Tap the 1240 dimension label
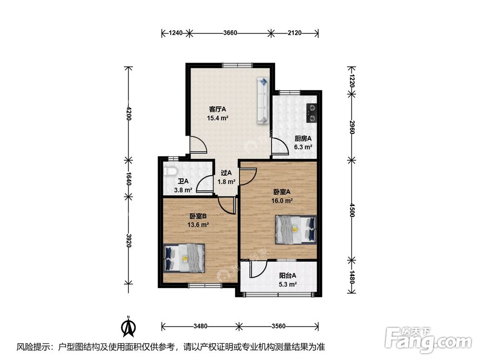tap(176, 33)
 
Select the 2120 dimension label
tap(295, 33)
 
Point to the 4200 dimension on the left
tap(129, 113)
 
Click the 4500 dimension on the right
tap(352, 210)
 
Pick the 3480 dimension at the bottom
tap(200, 326)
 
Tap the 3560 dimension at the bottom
tap(278, 326)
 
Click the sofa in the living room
tap(263, 101)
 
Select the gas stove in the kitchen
tap(312, 113)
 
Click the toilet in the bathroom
tap(169, 171)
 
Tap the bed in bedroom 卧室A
tap(296, 229)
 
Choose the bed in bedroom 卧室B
tap(184, 258)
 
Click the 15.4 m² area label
tap(217, 118)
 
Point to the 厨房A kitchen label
tap(303, 138)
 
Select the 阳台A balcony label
tap(288, 276)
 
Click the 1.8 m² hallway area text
tap(226, 182)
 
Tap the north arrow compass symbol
tap(129, 327)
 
